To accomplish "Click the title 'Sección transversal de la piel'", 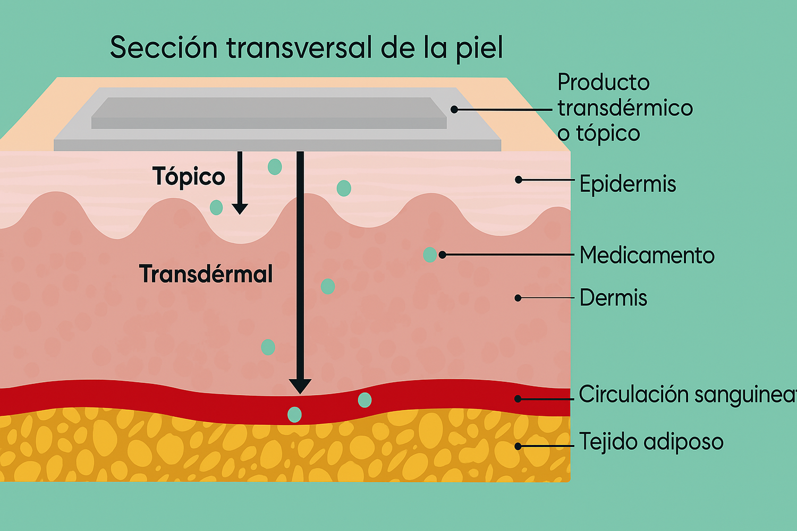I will tap(306, 48).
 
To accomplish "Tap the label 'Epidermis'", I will tap(628, 184).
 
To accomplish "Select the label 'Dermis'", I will tap(613, 298).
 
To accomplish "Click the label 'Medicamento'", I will tap(647, 255).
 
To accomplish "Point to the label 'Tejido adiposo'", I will tap(651, 442).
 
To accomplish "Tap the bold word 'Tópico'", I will tap(189, 176).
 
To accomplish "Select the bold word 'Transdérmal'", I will tap(206, 274).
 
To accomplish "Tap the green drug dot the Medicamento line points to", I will tap(429, 255).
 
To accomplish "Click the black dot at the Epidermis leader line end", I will tap(519, 180).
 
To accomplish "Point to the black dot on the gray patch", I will tap(454, 109).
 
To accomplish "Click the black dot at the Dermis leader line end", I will tap(518, 298).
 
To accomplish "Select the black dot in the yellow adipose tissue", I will tap(518, 447).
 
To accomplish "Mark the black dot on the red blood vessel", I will tap(518, 398).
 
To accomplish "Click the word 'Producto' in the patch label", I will tap(603, 82).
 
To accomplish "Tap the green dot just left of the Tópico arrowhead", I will tap(216, 207).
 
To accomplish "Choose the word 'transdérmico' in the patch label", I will tap(625, 108).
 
